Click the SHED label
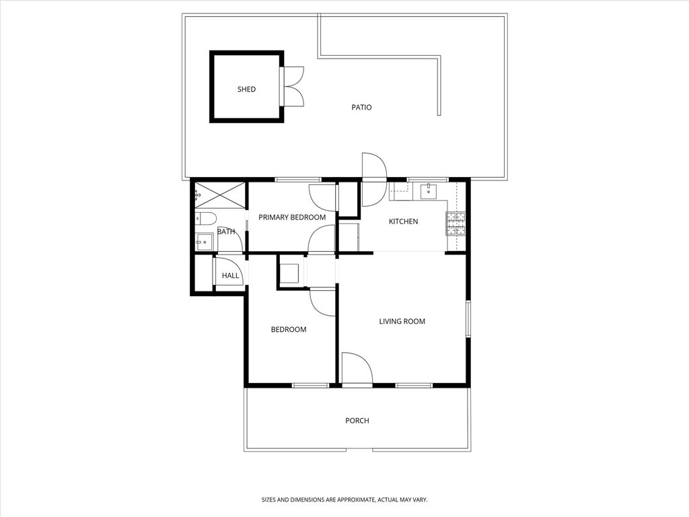(x=246, y=90)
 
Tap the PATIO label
(x=361, y=107)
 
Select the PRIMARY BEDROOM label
(x=292, y=217)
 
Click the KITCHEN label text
(x=403, y=221)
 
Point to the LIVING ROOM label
(x=402, y=322)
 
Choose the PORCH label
(x=357, y=421)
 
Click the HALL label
(x=230, y=275)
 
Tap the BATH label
(x=226, y=232)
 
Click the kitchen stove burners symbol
(x=456, y=223)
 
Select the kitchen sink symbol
(x=429, y=191)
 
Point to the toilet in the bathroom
(x=205, y=218)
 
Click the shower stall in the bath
(x=221, y=195)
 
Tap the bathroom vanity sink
(x=203, y=241)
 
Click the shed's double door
(x=293, y=86)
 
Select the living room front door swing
(x=357, y=369)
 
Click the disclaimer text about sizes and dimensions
(x=344, y=500)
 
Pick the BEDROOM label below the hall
(x=288, y=330)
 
